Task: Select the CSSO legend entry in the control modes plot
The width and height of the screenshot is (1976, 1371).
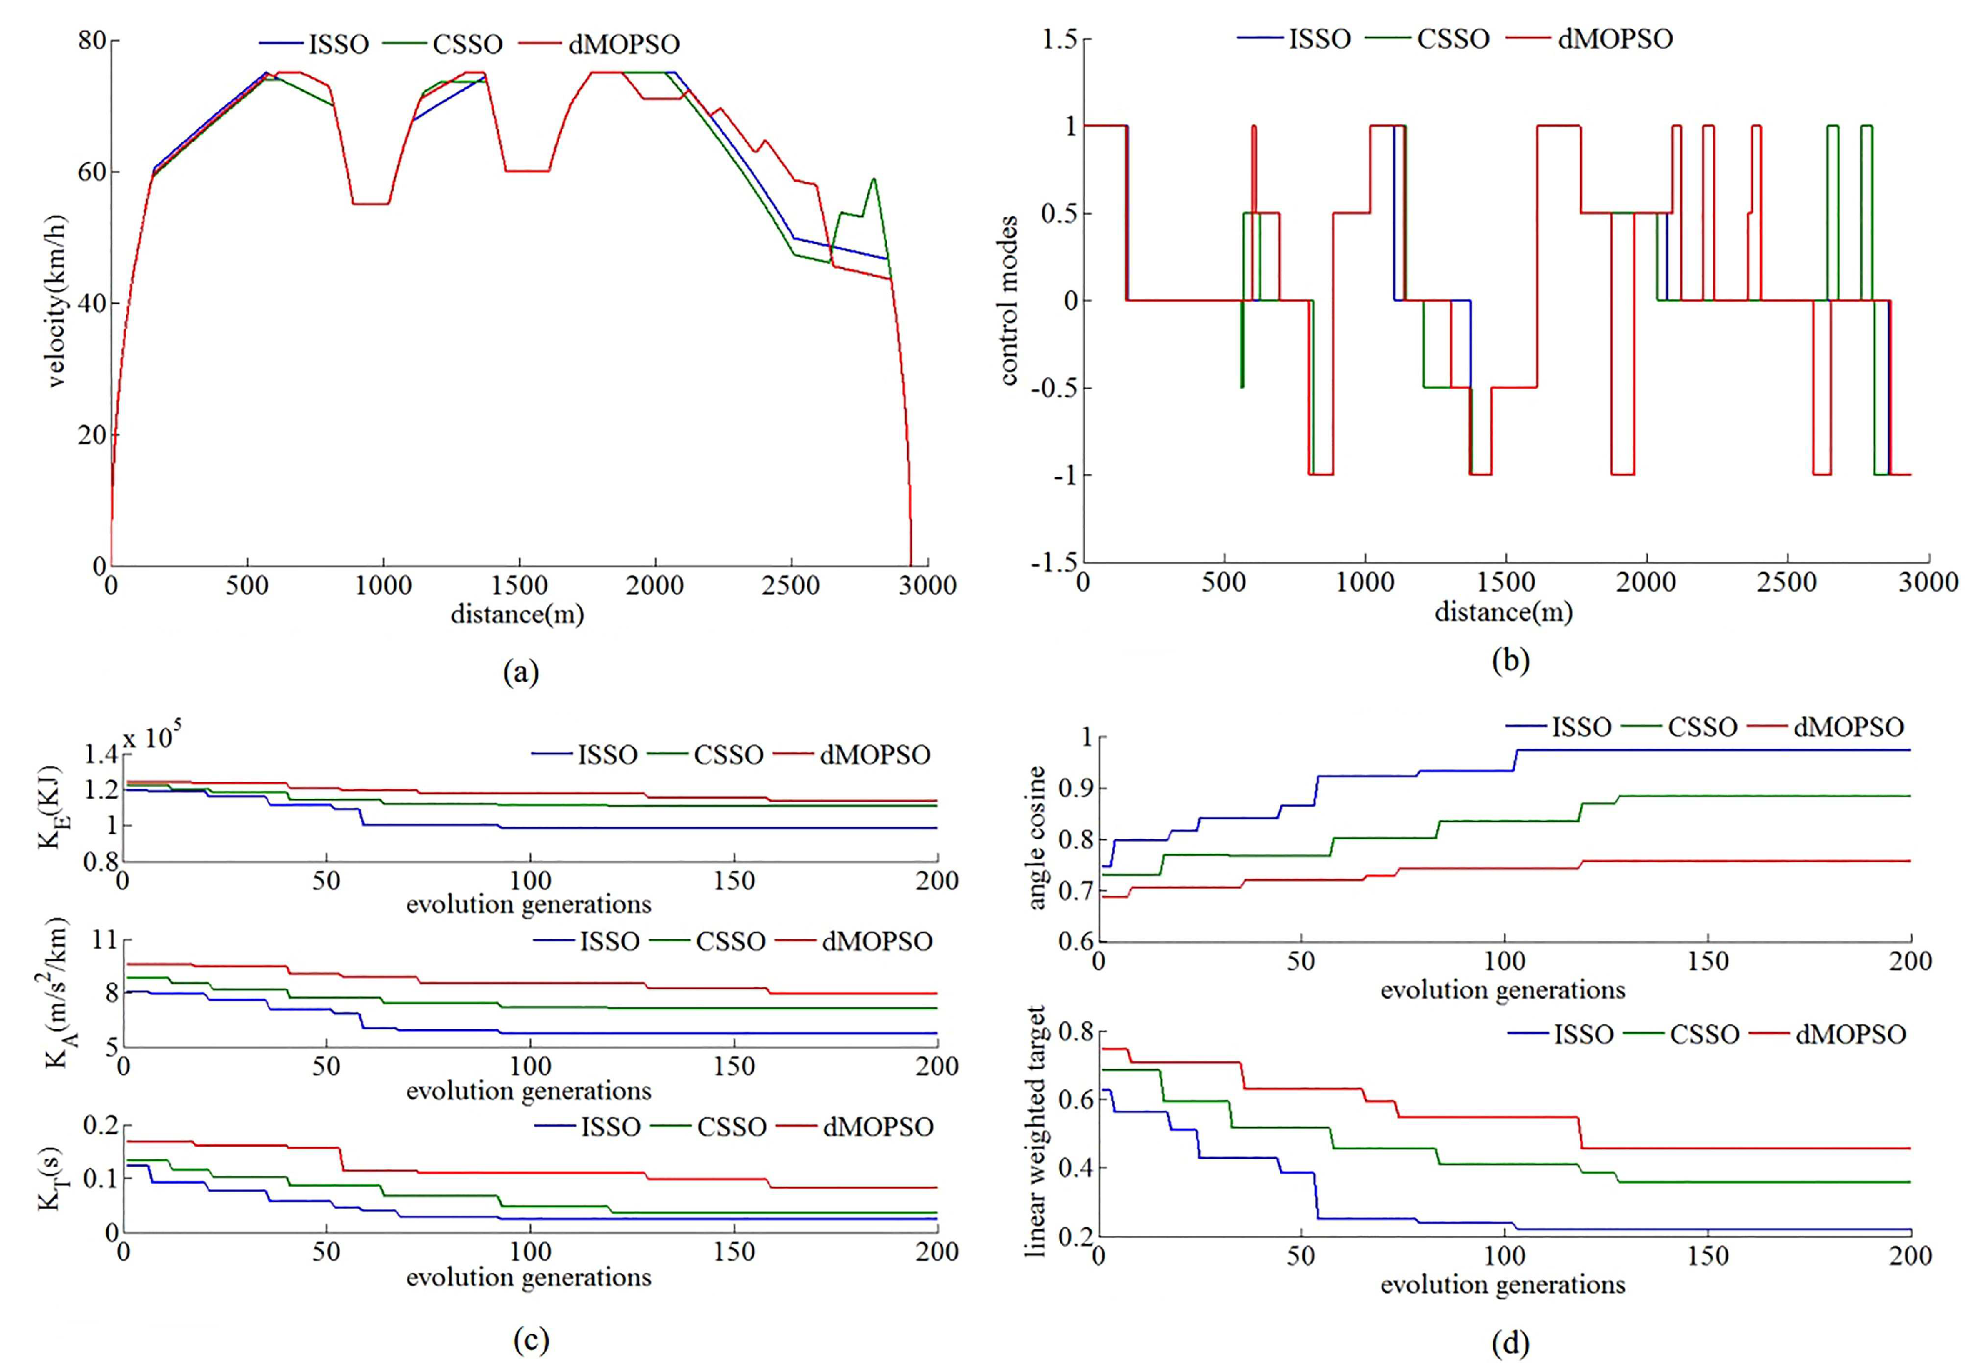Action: pyautogui.click(x=1453, y=39)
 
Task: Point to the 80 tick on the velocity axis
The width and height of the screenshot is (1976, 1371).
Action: pyautogui.click(x=92, y=41)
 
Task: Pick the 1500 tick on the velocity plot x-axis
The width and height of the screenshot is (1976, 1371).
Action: pyautogui.click(x=519, y=586)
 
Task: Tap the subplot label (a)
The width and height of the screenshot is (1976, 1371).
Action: pyautogui.click(x=521, y=671)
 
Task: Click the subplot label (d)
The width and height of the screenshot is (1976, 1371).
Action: pyautogui.click(x=1510, y=1342)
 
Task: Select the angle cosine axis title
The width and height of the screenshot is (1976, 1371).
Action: pyautogui.click(x=1036, y=838)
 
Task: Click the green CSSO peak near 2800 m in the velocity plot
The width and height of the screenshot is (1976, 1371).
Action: pyautogui.click(x=873, y=179)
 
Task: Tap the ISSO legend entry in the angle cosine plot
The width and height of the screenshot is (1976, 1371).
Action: pyautogui.click(x=1581, y=727)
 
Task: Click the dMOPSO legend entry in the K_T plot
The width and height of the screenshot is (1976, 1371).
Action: pyautogui.click(x=877, y=1127)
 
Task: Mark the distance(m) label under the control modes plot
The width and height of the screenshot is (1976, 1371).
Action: pyautogui.click(x=1504, y=613)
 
